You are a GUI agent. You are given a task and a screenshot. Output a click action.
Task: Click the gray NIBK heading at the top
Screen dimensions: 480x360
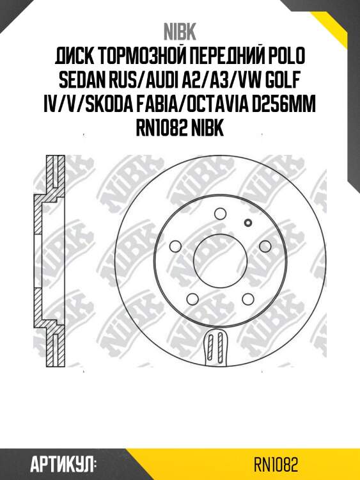180,31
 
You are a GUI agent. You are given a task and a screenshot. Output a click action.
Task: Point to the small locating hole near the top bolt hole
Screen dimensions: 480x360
249,222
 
